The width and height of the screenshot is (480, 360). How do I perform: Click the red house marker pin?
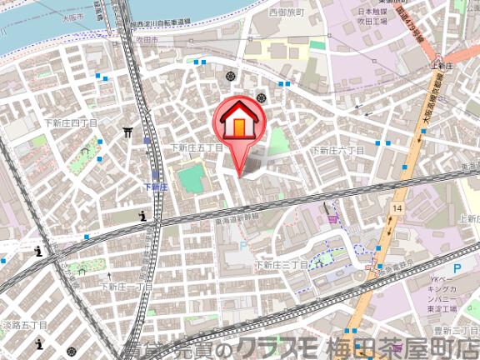(x=238, y=125)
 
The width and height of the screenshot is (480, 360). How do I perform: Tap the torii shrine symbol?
(x=127, y=132)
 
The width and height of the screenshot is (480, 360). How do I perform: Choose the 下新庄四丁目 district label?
(x=71, y=122)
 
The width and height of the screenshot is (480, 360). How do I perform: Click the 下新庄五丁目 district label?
(x=197, y=147)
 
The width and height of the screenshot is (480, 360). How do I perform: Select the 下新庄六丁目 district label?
(x=337, y=150)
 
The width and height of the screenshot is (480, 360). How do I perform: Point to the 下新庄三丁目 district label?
(x=281, y=265)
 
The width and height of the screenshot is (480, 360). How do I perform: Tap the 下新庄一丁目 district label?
(x=127, y=286)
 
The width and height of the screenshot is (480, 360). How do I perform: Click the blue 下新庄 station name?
(x=156, y=187)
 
